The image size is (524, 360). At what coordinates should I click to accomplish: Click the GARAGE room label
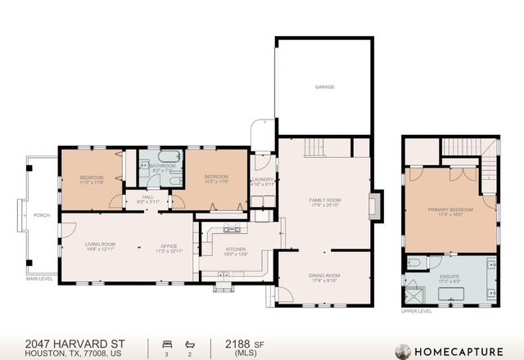[324, 87]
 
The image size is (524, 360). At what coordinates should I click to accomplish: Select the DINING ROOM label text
[324, 276]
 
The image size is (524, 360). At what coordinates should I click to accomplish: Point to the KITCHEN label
[236, 249]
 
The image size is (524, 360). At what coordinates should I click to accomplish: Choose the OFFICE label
[169, 245]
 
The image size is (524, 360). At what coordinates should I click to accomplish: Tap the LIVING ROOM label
[102, 245]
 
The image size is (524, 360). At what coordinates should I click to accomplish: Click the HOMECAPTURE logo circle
[403, 351]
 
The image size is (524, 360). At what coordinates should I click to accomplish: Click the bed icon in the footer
[167, 344]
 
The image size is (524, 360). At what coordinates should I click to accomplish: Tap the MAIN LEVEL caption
[39, 279]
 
